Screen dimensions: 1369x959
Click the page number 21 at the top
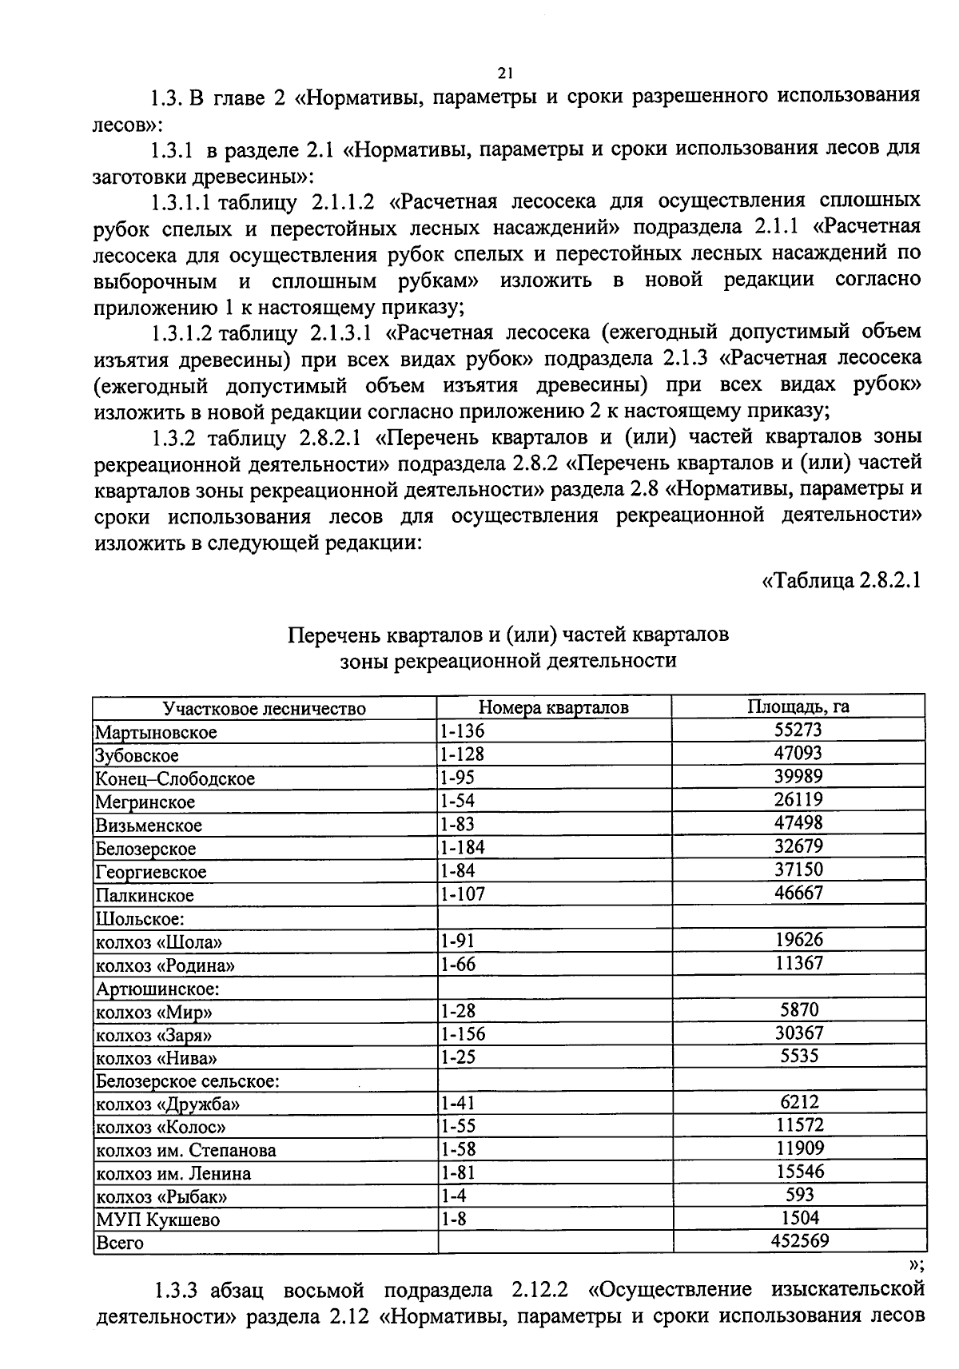tap(503, 74)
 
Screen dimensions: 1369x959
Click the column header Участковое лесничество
tap(264, 709)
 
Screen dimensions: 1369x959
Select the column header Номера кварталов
tap(553, 707)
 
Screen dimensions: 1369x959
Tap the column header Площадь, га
tap(798, 706)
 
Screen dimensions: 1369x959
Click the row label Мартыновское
tap(156, 732)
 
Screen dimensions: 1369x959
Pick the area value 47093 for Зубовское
tap(798, 753)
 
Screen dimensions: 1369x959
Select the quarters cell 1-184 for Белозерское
tap(462, 847)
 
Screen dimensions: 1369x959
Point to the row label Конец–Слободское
tap(175, 778)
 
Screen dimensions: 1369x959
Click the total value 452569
tap(799, 1240)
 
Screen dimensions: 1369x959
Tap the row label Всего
tap(119, 1243)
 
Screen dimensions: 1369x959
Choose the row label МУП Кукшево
tap(157, 1220)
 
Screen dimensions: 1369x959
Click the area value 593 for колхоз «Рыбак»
tap(799, 1194)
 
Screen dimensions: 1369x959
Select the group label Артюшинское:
tap(157, 989)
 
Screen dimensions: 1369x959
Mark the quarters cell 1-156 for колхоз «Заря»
tap(462, 1034)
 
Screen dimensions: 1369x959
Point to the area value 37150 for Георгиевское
tap(798, 869)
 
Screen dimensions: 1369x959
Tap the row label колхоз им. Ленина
tap(173, 1173)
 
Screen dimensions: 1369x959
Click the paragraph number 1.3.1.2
tap(181, 332)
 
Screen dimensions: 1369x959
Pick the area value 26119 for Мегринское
tap(798, 799)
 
